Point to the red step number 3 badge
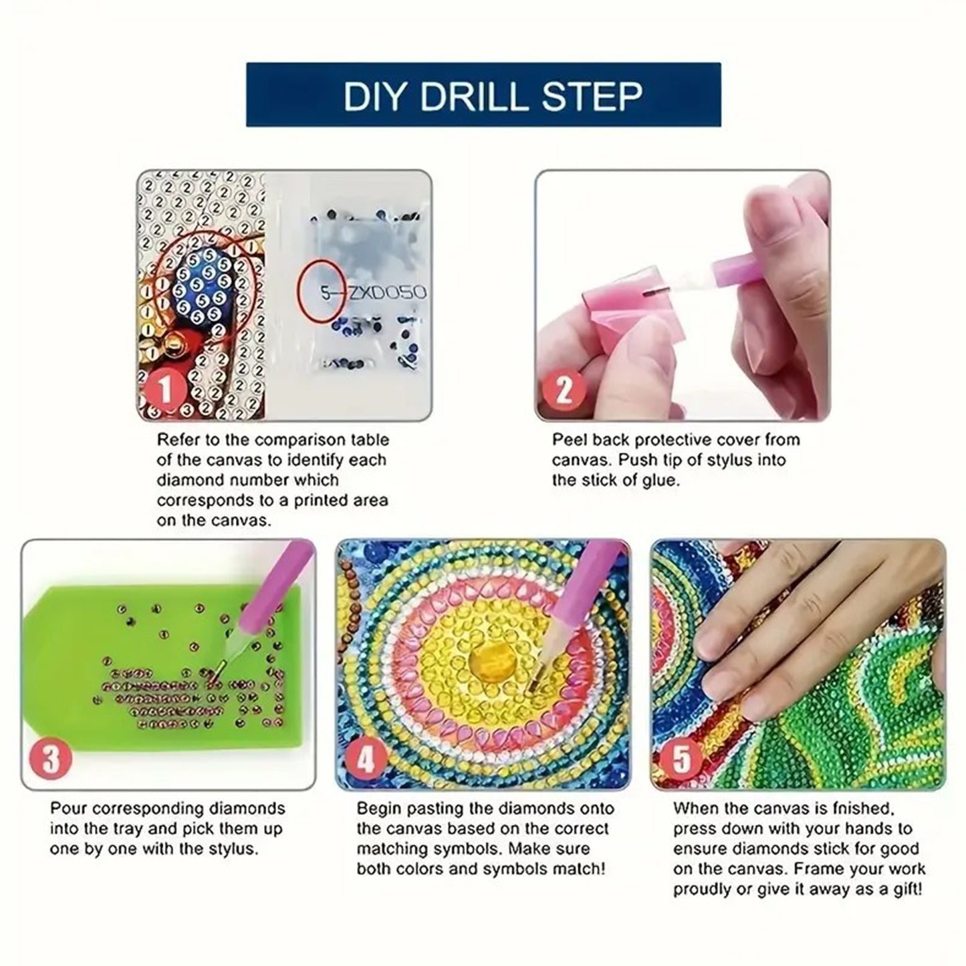[51, 759]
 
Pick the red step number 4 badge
[365, 759]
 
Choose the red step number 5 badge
[681, 759]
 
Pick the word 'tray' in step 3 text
[141, 829]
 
